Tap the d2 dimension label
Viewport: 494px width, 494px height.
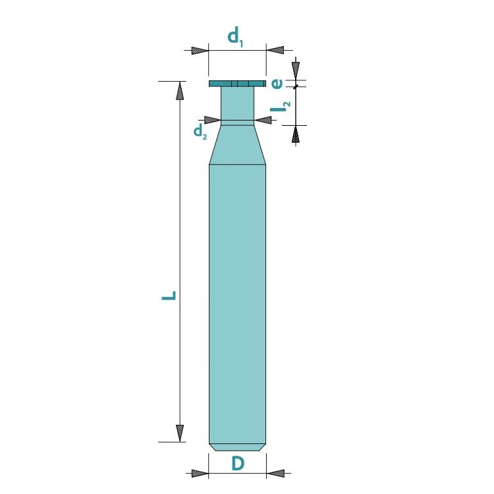200,131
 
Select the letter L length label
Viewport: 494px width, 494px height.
169,296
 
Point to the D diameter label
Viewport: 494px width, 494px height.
238,464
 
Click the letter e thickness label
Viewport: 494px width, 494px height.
277,84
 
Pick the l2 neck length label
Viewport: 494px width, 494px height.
281,107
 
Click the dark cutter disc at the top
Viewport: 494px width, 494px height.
237,84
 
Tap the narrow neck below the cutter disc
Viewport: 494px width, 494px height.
237,106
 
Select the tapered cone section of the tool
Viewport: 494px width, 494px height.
237,145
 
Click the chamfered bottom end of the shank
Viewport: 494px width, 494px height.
237,447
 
